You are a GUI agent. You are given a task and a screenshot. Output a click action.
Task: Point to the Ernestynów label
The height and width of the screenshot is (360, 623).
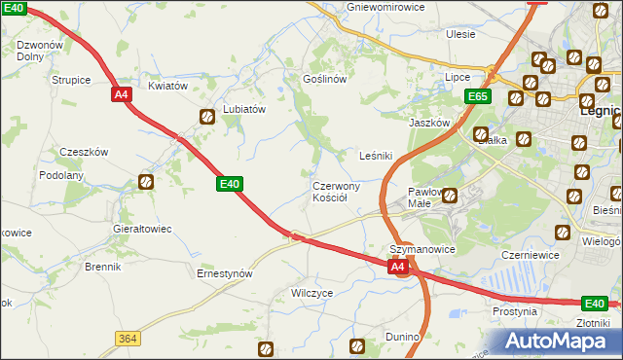(225, 274)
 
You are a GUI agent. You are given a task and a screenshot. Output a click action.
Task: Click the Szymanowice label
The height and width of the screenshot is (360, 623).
(422, 249)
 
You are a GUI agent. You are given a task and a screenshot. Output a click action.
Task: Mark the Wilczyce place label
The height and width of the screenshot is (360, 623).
(312, 292)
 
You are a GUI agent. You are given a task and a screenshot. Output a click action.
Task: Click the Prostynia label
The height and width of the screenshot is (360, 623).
(515, 311)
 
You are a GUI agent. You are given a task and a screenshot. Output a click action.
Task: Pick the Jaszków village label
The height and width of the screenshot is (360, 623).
(428, 124)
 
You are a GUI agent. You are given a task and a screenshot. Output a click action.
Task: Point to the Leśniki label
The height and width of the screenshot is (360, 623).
(376, 156)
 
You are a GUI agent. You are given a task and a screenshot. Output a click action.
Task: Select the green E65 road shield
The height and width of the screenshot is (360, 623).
(477, 96)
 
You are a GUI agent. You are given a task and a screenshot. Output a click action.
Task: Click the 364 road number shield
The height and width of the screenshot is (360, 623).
(127, 338)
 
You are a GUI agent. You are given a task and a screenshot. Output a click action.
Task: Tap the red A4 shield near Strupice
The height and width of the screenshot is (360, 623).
(122, 94)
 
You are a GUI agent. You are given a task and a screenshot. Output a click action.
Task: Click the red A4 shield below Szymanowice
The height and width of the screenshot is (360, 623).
(398, 266)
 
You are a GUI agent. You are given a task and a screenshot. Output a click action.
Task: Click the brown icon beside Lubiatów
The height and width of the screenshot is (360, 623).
(207, 118)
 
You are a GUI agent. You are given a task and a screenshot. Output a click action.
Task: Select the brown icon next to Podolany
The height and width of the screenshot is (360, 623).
(146, 181)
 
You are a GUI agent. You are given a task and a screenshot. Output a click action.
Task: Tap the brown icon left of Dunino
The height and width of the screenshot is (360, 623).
(357, 344)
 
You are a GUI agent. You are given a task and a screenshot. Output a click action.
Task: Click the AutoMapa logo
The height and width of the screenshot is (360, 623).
(555, 341)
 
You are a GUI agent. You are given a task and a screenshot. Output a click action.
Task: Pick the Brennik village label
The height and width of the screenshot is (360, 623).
(102, 267)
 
